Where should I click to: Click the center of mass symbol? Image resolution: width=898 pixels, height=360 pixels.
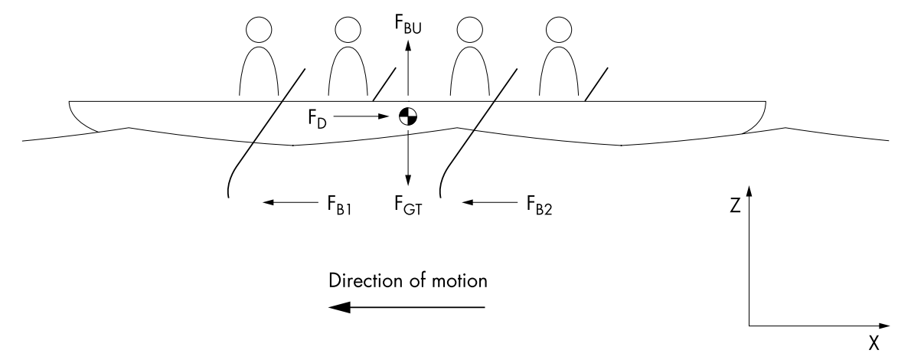[408, 116]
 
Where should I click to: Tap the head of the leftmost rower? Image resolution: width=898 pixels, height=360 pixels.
[260, 31]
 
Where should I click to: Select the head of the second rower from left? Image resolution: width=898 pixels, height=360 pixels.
[349, 31]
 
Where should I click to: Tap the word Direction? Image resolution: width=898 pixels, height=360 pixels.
[359, 280]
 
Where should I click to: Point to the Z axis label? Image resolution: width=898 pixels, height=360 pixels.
[736, 206]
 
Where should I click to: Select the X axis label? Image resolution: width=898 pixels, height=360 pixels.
[873, 342]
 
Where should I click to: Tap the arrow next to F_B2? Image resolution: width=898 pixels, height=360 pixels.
[489, 203]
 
